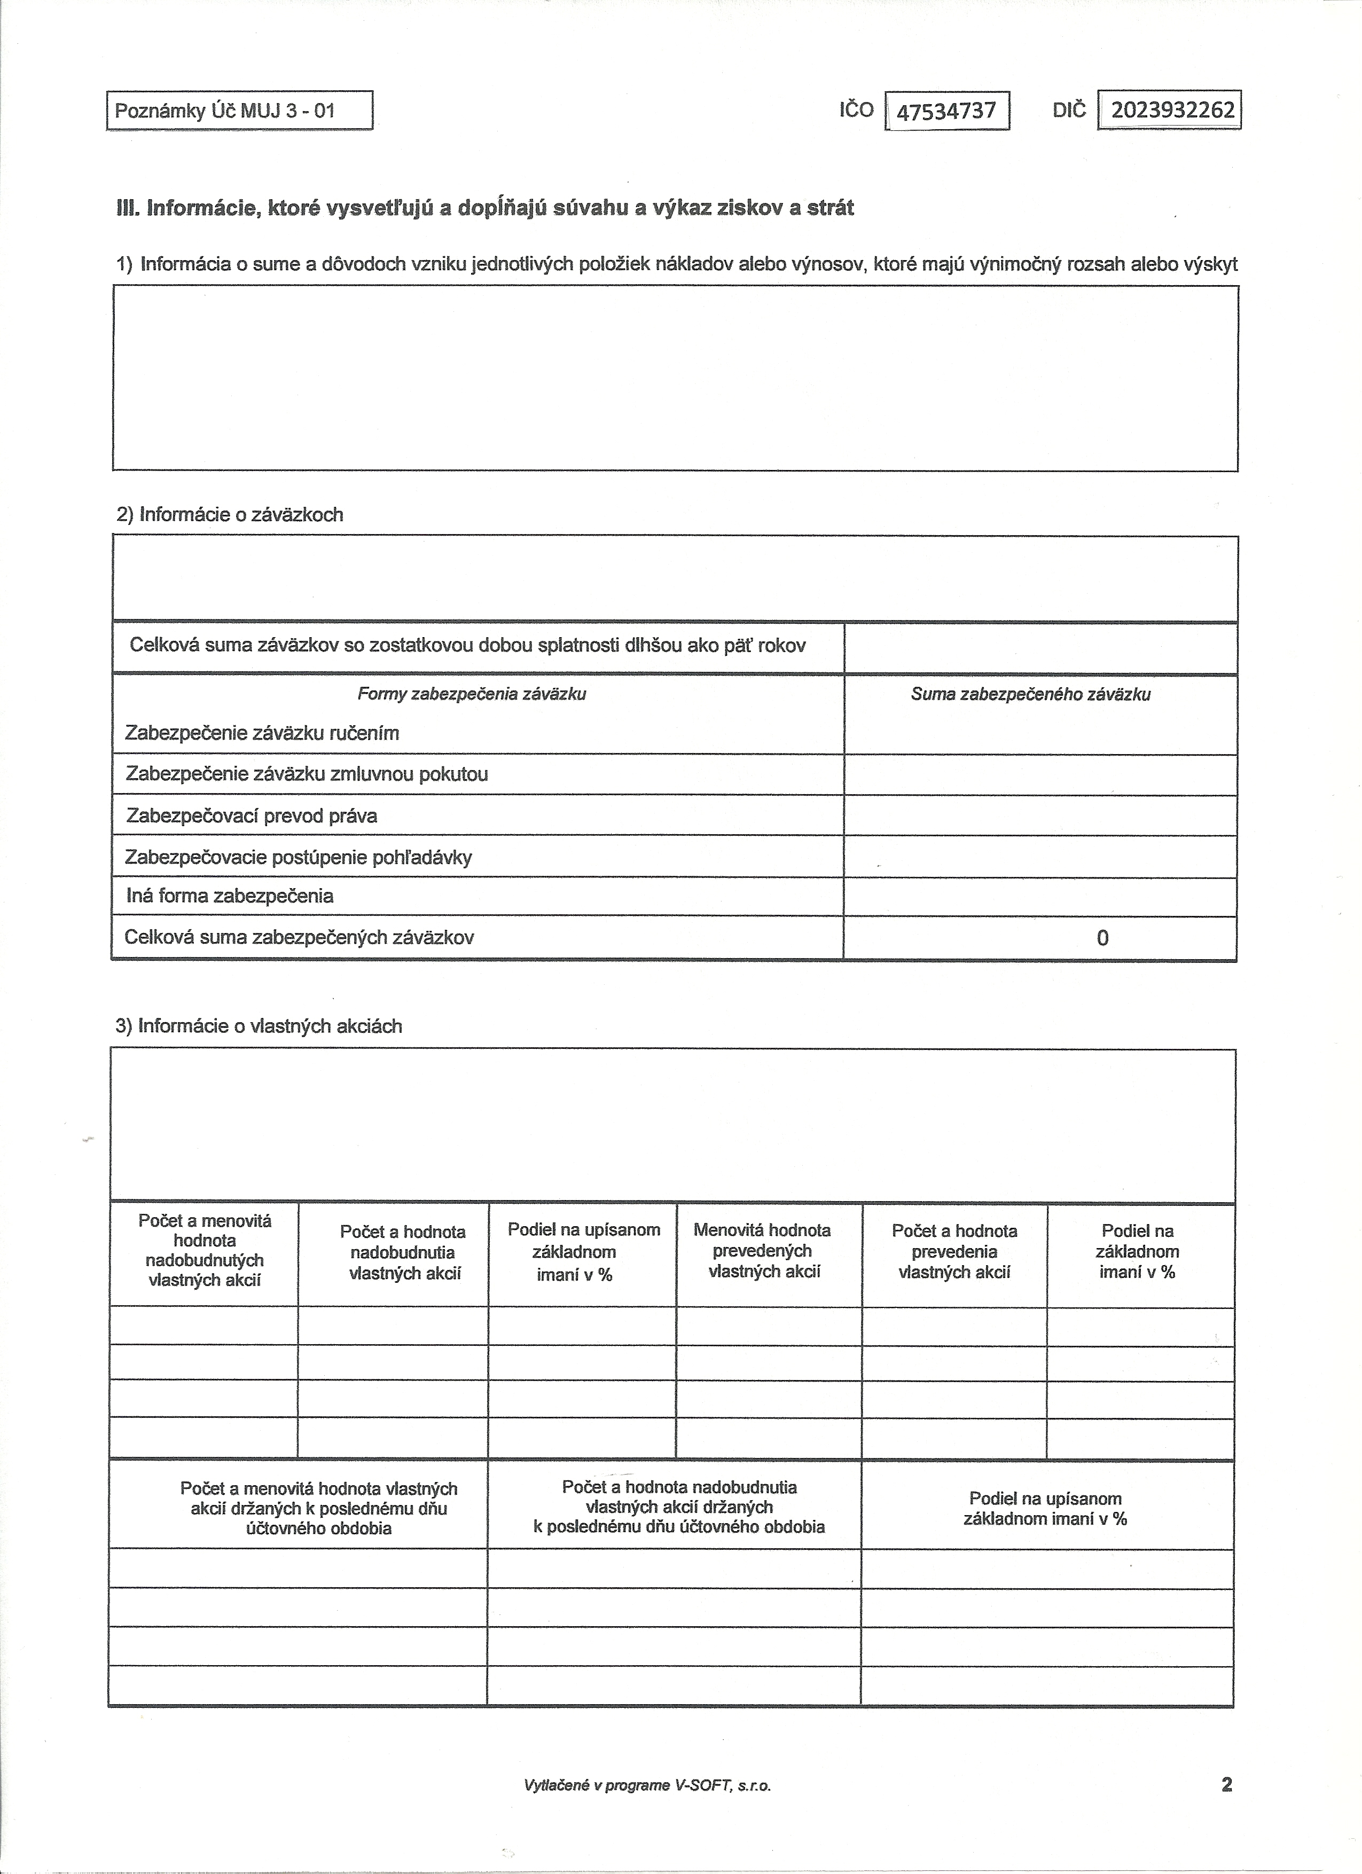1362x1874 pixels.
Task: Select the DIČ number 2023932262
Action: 1172,110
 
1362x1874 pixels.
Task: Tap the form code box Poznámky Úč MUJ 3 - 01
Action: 240,111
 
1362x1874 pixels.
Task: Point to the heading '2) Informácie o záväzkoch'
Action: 229,515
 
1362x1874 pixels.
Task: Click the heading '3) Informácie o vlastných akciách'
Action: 259,1026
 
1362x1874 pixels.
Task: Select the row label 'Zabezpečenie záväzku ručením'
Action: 262,733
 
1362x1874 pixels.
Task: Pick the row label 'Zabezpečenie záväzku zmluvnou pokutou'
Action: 307,774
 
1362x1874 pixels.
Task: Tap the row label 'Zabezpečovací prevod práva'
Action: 251,817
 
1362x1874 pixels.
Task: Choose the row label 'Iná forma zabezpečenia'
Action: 230,896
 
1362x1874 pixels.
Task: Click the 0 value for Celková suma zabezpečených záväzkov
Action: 1102,938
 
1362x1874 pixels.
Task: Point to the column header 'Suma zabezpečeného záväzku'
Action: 1031,694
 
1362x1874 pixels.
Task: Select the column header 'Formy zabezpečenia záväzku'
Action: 472,694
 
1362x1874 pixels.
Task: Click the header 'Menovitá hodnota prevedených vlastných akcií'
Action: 762,1250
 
